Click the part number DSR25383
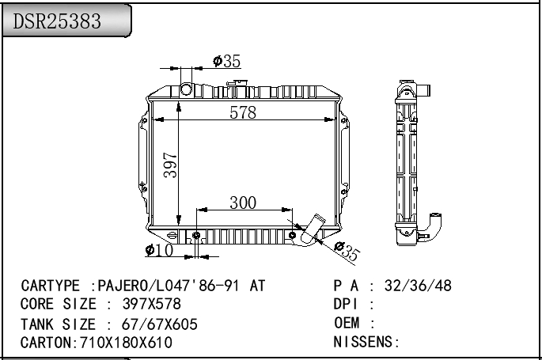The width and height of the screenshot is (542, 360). click(x=58, y=22)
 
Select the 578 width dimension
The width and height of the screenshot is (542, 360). click(x=243, y=112)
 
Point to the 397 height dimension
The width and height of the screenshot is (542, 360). click(x=169, y=165)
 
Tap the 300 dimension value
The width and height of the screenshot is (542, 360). click(x=243, y=203)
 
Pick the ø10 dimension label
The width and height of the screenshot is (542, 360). click(x=159, y=251)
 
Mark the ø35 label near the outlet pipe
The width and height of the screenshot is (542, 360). click(x=347, y=252)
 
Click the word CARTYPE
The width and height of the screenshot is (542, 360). click(x=50, y=286)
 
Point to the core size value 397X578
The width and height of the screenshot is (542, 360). click(x=152, y=304)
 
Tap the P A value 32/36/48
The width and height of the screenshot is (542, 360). click(x=417, y=286)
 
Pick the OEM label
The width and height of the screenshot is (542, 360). click(x=347, y=323)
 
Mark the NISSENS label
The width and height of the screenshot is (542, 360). click(x=364, y=342)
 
